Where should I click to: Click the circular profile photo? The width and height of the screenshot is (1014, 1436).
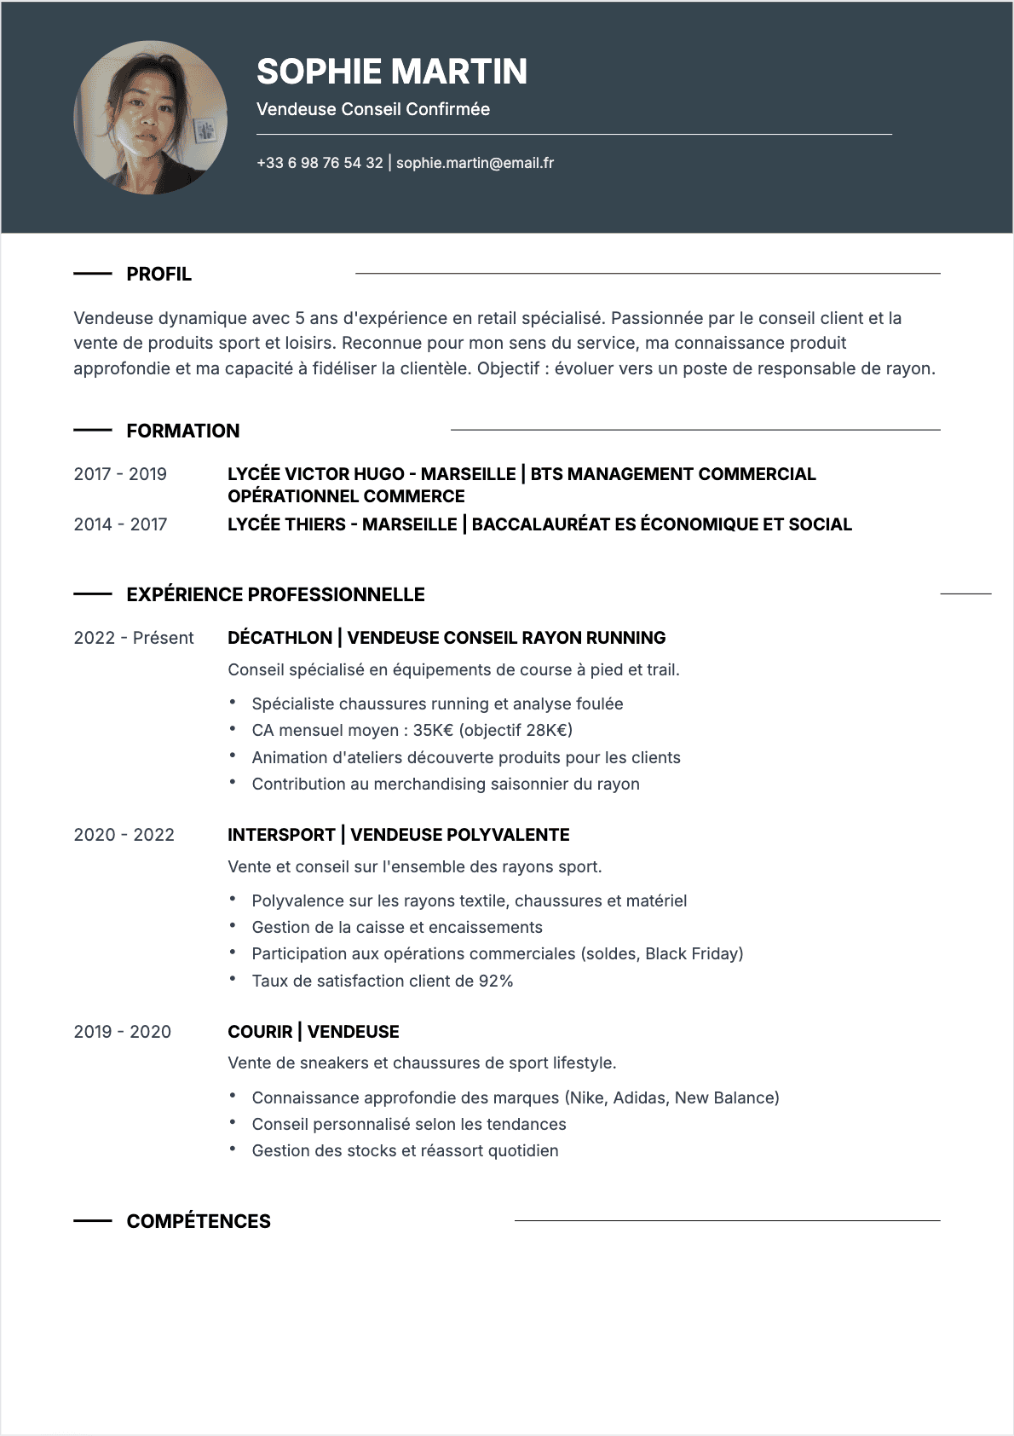click(x=151, y=118)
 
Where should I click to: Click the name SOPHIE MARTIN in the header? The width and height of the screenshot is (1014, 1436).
click(x=391, y=72)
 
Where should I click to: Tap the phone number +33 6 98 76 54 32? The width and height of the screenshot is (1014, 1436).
click(x=320, y=163)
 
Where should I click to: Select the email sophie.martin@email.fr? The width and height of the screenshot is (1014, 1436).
click(x=475, y=163)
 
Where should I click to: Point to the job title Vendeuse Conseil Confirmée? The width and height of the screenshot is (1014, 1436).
click(x=372, y=109)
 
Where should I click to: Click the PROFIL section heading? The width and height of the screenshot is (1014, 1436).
click(x=158, y=275)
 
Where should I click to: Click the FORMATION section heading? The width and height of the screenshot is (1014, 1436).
click(x=182, y=431)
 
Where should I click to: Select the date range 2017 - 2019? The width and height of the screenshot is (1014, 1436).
click(x=120, y=474)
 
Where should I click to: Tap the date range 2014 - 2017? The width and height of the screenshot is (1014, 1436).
click(x=120, y=524)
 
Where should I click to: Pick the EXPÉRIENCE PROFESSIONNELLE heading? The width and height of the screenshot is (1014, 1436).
click(x=275, y=595)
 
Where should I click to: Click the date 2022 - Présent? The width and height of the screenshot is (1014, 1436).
click(x=134, y=638)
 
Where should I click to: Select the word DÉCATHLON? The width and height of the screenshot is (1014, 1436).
click(x=279, y=638)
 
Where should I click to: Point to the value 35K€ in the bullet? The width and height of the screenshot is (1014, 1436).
click(x=433, y=731)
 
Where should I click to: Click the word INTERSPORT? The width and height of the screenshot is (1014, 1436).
click(x=281, y=835)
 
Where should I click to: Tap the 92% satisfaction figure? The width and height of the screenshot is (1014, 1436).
click(x=495, y=981)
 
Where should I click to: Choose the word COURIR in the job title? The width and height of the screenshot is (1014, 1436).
click(x=260, y=1032)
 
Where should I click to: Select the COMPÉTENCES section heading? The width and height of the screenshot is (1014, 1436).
click(x=198, y=1222)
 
